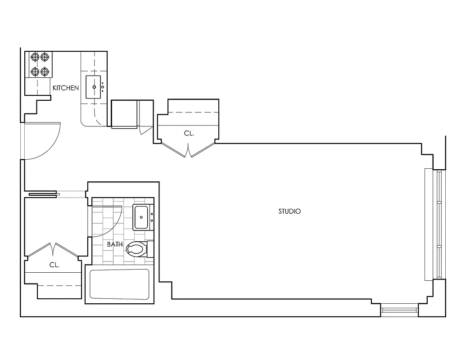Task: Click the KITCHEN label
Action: [66, 88]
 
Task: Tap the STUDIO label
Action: [290, 211]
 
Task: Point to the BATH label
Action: [115, 244]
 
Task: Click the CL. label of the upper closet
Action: [189, 133]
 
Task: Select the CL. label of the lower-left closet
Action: [54, 265]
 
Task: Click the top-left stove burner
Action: [35, 57]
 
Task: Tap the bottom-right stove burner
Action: [45, 71]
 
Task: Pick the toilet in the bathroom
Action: [136, 249]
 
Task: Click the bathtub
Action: [119, 284]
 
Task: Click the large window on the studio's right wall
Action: [435, 224]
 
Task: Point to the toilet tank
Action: [150, 249]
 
